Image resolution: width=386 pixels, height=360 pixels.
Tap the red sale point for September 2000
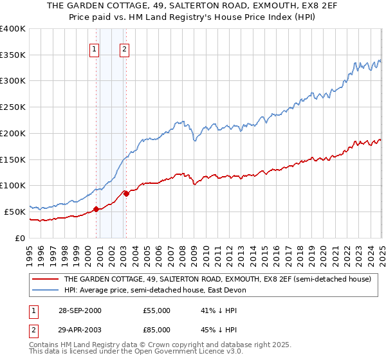(96, 209)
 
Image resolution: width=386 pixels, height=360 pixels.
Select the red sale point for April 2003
(126, 193)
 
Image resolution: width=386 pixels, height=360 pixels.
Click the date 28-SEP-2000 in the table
(80, 310)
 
